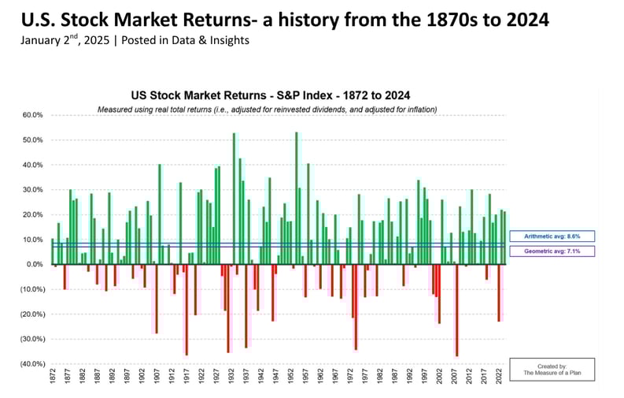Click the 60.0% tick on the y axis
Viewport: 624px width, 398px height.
[x=31, y=115]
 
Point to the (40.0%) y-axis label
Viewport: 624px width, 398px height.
[x=31, y=364]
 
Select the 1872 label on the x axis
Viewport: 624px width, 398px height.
[x=53, y=380]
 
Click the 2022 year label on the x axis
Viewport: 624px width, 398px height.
[x=498, y=380]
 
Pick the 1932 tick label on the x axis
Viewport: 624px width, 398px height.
[x=231, y=380]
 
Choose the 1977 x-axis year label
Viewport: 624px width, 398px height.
[x=364, y=380]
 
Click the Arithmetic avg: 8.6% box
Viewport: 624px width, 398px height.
[x=551, y=236]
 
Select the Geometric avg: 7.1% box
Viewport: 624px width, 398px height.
[x=551, y=251]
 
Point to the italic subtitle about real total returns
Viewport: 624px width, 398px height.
[x=267, y=109]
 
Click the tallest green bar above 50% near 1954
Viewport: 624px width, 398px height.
[x=296, y=198]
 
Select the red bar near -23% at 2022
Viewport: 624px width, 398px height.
[x=498, y=292]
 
